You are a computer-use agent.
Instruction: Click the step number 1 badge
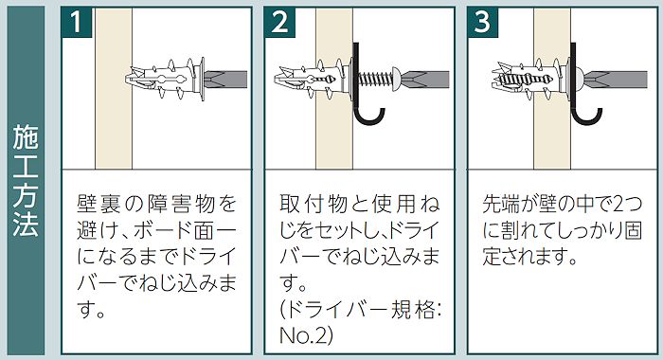tap(77, 23)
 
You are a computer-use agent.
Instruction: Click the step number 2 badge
tap(280, 23)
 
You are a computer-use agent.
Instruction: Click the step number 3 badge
tap(483, 23)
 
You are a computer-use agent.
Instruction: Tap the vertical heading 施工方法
tap(26, 180)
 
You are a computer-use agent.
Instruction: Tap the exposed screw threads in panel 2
tap(375, 80)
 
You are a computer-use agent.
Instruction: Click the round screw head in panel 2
tap(396, 80)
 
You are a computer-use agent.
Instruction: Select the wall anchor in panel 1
tap(166, 80)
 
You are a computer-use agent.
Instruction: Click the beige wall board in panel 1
tap(114, 88)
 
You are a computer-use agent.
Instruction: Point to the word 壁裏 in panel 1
tap(95, 204)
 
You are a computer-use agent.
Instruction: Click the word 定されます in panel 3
tap(530, 257)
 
